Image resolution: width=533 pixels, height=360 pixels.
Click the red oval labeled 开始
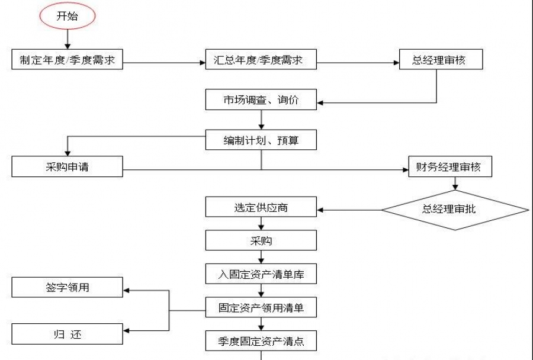(67, 17)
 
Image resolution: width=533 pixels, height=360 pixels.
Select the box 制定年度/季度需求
(67, 60)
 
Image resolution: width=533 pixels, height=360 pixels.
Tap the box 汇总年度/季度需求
(261, 60)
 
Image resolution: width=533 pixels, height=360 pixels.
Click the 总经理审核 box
(440, 60)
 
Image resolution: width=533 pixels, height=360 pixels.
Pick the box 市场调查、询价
(261, 100)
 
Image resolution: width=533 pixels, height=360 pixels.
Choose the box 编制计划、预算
(261, 140)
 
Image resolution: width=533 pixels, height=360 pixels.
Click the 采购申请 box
(67, 167)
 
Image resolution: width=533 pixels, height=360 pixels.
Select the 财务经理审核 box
(450, 167)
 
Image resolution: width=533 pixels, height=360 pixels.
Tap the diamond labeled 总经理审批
(454, 209)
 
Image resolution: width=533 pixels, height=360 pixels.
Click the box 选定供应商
(261, 208)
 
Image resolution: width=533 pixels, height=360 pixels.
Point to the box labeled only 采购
(261, 241)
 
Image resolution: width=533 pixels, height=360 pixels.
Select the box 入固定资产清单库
(261, 274)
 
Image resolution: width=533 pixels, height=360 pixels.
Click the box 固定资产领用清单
(261, 307)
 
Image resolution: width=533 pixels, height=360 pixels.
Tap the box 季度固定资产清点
(261, 341)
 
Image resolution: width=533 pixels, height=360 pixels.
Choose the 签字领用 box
(67, 288)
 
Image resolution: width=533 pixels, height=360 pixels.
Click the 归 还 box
(67, 335)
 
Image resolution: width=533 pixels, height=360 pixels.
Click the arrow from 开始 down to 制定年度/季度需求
(67, 40)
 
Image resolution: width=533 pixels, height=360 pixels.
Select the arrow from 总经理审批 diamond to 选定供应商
(349, 210)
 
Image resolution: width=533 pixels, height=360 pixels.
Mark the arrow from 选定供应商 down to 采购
(261, 224)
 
